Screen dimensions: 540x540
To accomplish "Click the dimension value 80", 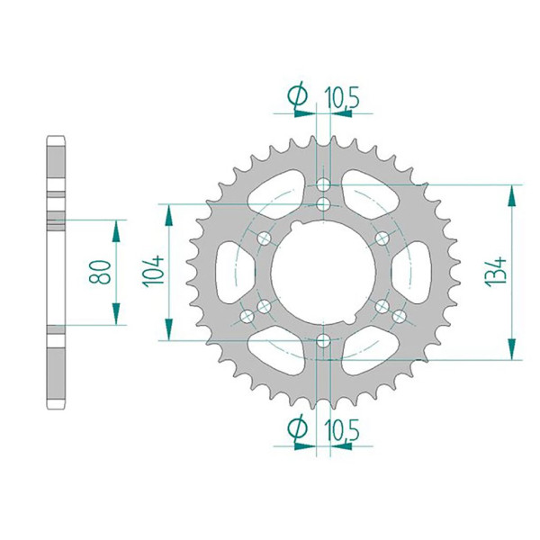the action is coord(100,272).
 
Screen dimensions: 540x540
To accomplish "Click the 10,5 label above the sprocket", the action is coord(342,97).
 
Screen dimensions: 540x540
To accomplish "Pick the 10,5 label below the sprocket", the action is coord(342,429).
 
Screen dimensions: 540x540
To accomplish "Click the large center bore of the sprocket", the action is coord(323,273).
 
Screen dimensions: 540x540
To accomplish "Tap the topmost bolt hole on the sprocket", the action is coord(323,184).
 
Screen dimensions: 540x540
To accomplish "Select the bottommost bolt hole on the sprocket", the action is coord(323,340).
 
